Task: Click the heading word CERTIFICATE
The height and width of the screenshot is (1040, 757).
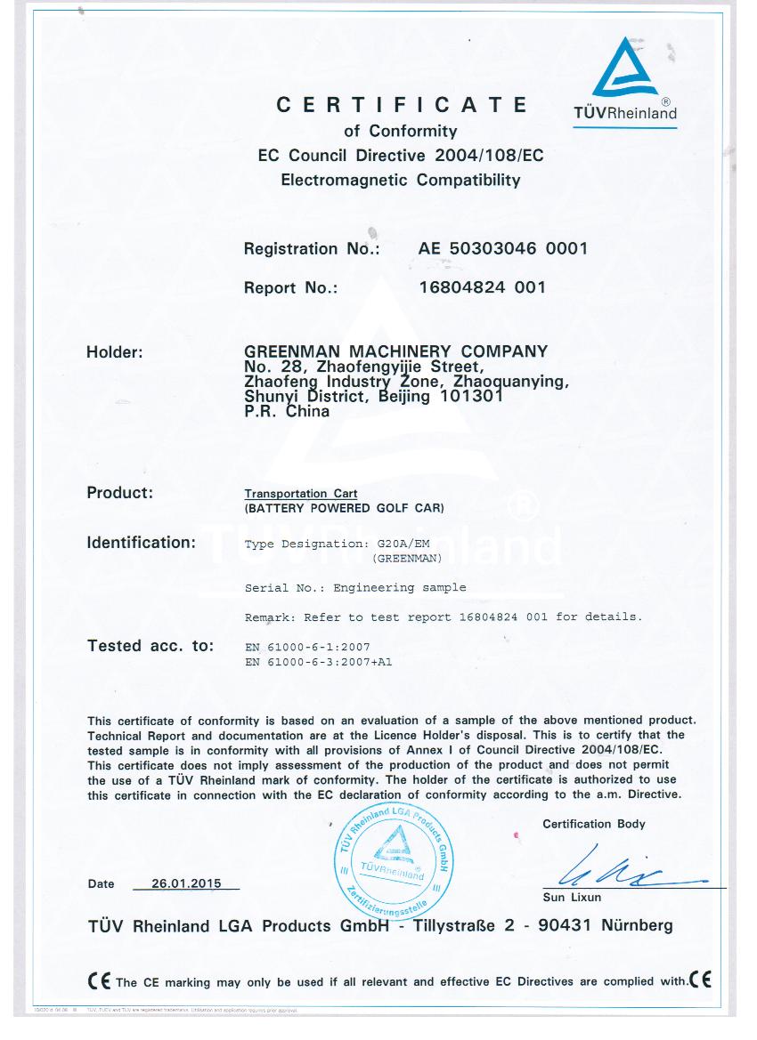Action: (x=402, y=105)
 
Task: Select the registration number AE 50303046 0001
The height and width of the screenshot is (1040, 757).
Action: (x=503, y=249)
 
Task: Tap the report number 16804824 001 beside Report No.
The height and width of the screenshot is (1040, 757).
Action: (x=482, y=287)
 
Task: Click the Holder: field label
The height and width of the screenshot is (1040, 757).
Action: (x=115, y=352)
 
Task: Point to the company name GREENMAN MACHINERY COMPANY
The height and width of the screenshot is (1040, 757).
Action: (x=395, y=352)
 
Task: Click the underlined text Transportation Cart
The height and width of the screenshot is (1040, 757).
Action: (x=301, y=494)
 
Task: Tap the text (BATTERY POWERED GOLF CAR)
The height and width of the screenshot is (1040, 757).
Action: (x=344, y=509)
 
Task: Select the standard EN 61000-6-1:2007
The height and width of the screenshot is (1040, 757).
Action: (x=306, y=647)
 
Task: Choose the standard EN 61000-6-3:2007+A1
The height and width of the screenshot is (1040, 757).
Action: (x=319, y=661)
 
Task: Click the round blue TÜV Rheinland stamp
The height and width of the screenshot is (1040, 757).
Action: (x=393, y=863)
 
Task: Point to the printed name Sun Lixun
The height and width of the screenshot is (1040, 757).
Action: (x=572, y=898)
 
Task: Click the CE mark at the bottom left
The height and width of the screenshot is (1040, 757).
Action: (x=100, y=981)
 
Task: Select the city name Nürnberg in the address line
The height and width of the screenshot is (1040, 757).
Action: (x=637, y=926)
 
